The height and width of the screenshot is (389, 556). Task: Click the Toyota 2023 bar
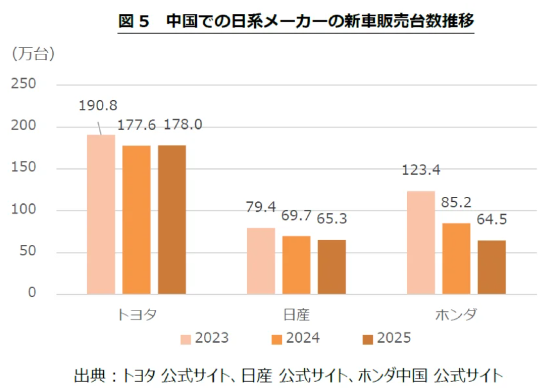[x=101, y=214]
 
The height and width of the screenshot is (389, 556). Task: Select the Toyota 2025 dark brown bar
[x=172, y=220]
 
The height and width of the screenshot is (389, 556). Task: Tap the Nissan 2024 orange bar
[x=297, y=265]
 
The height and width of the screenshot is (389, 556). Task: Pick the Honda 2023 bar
[x=421, y=243]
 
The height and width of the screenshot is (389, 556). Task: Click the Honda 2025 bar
[x=492, y=268]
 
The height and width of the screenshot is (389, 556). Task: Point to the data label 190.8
[x=98, y=106]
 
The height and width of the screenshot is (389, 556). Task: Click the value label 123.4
[x=421, y=170]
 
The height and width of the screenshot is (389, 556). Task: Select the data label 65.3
[x=332, y=219]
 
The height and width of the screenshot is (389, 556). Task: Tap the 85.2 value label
[x=456, y=202]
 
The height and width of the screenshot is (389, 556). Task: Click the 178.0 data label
[x=183, y=124]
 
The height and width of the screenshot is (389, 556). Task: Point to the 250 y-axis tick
[x=24, y=83]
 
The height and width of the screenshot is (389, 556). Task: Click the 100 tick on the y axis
[x=24, y=209]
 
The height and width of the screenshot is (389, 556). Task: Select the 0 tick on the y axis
[x=32, y=292]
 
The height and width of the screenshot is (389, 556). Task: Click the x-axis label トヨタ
[x=137, y=314]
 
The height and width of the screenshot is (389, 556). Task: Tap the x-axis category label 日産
[x=297, y=314]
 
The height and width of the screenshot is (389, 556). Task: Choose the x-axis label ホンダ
[x=456, y=314]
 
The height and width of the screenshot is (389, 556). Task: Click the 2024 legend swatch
[x=277, y=339]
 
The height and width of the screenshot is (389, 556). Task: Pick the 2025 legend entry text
[x=394, y=338]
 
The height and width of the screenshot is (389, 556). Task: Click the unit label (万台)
[x=33, y=54]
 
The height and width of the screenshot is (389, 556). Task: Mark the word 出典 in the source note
[x=89, y=376]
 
